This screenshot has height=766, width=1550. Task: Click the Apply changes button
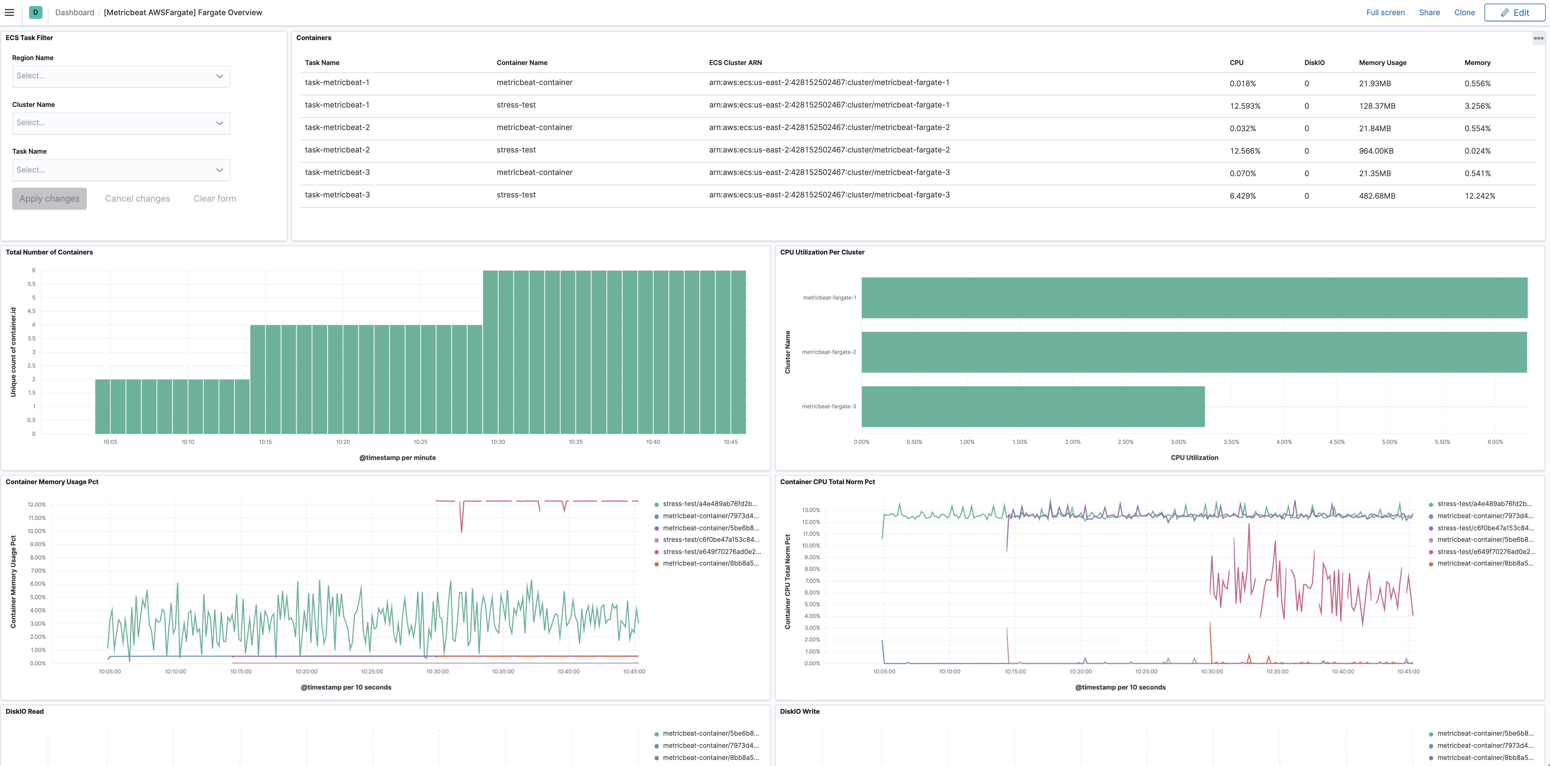(49, 199)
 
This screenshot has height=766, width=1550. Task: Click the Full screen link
(1385, 13)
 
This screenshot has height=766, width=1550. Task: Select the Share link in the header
(1429, 13)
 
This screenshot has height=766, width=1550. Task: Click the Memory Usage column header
(1382, 63)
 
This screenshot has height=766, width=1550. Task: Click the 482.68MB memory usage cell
(1377, 196)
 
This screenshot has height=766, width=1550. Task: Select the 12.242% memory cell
(1480, 196)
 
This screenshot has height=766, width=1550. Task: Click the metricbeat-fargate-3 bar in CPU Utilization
(1033, 406)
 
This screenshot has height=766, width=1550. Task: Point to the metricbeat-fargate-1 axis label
(829, 297)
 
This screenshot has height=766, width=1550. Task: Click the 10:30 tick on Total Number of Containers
(498, 442)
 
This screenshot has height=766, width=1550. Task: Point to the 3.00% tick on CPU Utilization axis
(1178, 442)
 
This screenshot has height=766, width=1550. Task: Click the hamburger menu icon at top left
(10, 13)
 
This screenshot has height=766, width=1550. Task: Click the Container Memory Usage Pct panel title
(52, 482)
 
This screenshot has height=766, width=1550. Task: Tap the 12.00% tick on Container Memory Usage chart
(37, 505)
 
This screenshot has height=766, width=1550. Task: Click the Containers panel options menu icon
(1538, 38)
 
